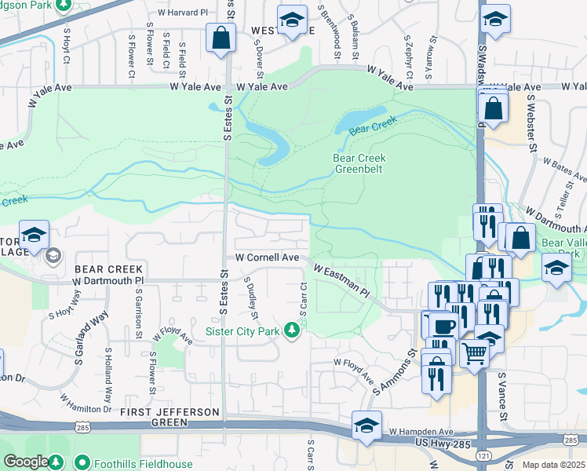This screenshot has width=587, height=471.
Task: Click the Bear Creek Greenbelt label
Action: pos(359,163)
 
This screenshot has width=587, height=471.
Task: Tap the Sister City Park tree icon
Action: pos(292,330)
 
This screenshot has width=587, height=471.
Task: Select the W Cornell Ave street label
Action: pos(268,257)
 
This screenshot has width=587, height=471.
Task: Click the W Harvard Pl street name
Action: pos(188,13)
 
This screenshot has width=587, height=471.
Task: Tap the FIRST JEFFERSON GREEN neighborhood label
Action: pos(169,412)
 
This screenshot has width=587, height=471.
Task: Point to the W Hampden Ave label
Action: pos(421,432)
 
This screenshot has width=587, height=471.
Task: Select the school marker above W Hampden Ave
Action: pos(366,425)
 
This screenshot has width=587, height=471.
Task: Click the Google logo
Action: pos(26,462)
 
